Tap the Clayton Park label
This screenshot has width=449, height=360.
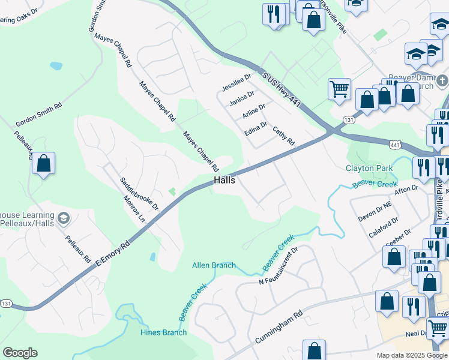coord(369,169)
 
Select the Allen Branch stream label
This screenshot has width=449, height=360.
coord(214,265)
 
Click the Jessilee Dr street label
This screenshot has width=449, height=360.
coord(237,82)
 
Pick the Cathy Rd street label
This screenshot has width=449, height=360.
coord(284,136)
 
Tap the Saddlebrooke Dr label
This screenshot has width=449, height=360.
coord(139,193)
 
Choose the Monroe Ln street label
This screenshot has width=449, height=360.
coord(134,209)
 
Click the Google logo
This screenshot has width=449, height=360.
coord(20,353)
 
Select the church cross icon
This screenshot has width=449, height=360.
coord(441,80)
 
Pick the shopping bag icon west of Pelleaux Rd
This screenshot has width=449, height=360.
coord(43,163)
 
